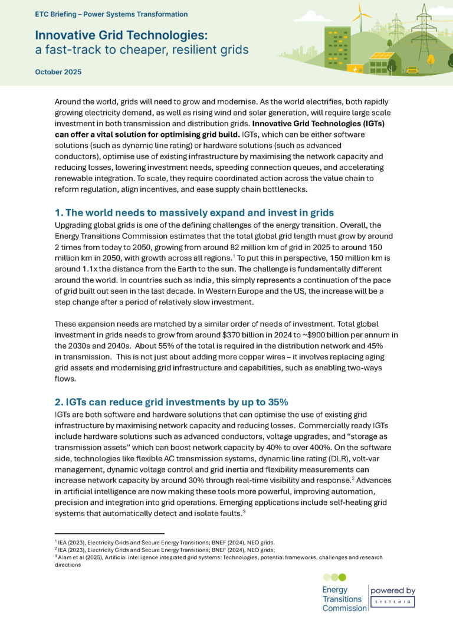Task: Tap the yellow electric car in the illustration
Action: (412, 70)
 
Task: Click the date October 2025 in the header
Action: (58, 72)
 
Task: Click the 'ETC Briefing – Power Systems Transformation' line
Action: (111, 14)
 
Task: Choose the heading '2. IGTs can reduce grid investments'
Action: (171, 402)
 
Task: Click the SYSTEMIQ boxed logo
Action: (393, 602)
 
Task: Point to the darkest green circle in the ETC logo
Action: (343, 577)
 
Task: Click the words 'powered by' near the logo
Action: (393, 590)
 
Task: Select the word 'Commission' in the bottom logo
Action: (344, 608)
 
